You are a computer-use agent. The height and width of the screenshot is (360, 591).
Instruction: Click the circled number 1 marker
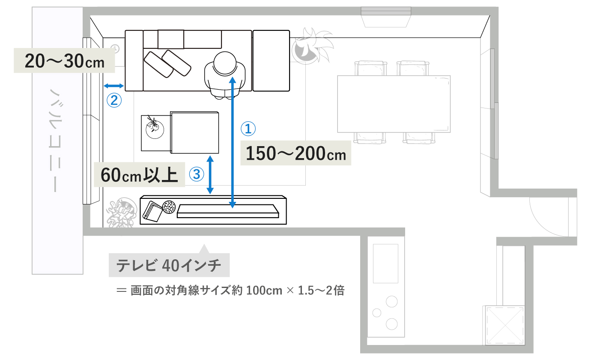click(248, 128)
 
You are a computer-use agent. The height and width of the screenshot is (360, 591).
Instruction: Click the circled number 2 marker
click(114, 101)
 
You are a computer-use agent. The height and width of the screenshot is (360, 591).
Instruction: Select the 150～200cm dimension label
click(296, 153)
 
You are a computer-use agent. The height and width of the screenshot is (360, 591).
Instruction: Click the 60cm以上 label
click(139, 174)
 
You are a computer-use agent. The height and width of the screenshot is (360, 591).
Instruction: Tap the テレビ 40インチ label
click(170, 266)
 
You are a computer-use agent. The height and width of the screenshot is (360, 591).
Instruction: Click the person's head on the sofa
click(225, 63)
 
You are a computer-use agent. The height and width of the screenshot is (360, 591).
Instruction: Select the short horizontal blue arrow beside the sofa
click(114, 87)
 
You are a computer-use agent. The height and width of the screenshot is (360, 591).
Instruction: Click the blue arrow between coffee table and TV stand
click(210, 174)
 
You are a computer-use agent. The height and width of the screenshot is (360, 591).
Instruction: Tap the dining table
click(394, 104)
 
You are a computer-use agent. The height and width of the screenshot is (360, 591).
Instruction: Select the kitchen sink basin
click(385, 264)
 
